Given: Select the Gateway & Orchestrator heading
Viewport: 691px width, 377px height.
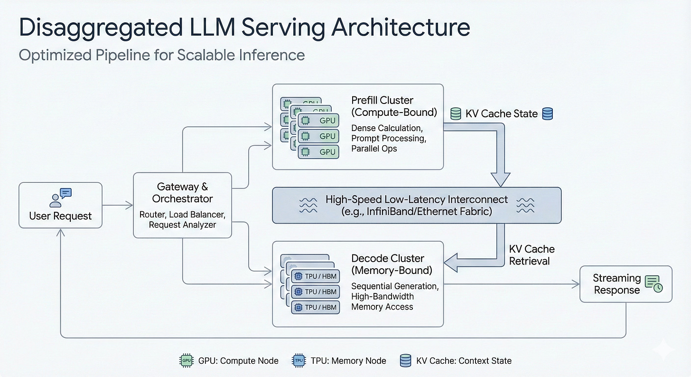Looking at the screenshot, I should pos(182,193).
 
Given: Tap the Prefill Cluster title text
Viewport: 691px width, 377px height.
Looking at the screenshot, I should pos(382,101).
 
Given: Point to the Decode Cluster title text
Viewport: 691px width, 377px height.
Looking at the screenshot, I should pos(387,259).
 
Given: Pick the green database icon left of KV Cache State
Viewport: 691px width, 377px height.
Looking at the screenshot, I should pos(456,114).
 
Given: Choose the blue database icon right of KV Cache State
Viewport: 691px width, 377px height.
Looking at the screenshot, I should pos(547,114).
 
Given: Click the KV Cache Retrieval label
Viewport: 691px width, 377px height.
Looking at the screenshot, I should pos(532,255).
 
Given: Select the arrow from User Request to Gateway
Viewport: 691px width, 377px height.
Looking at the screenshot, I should pos(118,205).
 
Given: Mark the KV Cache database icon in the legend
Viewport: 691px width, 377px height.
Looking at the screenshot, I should pos(406,361).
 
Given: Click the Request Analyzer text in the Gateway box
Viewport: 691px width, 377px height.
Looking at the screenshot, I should pos(182,225).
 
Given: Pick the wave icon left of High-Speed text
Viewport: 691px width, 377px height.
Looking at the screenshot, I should pos(308,205).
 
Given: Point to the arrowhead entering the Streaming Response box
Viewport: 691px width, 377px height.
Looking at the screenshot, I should pos(576,284).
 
